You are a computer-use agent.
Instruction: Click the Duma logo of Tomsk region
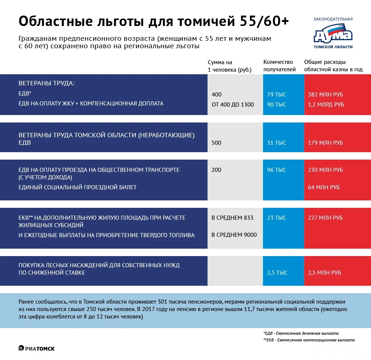click(333, 34)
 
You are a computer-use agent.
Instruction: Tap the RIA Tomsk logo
click(37, 348)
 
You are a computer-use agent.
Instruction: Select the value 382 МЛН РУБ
click(325, 95)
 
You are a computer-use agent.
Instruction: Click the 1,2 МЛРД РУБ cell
click(326, 105)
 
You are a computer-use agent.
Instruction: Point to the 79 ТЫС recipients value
click(276, 95)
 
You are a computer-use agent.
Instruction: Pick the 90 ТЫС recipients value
click(276, 105)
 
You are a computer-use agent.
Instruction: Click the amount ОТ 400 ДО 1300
click(233, 105)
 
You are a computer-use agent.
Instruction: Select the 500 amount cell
click(216, 143)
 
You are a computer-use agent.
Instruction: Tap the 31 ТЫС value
click(276, 143)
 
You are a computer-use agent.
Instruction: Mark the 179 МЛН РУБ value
click(325, 143)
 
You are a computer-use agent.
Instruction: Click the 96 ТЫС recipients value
click(276, 170)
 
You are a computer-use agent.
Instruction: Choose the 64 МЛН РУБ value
click(324, 187)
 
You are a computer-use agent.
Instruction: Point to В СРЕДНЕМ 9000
click(234, 235)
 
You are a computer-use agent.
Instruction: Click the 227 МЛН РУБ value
click(325, 218)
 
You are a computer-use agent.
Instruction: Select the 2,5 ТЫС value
click(277, 273)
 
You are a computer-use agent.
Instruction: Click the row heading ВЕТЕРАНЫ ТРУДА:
click(46, 84)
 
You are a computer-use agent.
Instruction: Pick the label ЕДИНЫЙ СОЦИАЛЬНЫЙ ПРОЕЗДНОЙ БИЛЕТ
click(78, 187)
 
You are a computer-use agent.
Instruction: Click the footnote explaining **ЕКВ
click(309, 340)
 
